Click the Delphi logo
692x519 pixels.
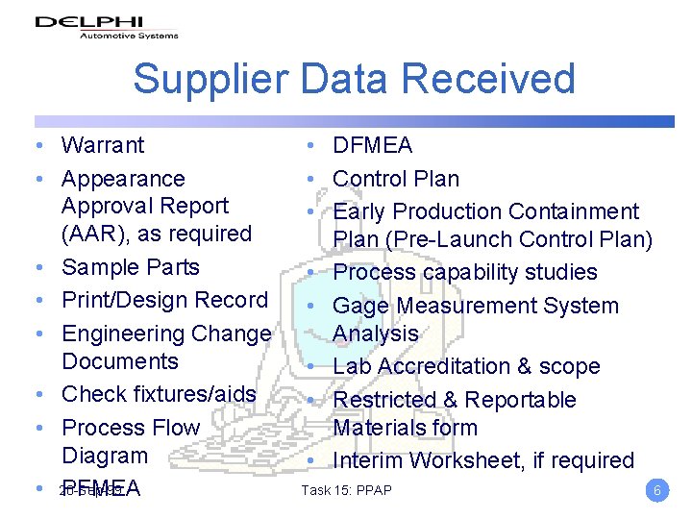[106, 26]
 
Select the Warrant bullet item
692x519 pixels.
[102, 145]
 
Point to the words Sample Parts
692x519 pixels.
[130, 267]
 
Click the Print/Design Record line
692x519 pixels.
[164, 300]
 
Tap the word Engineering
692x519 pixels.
[126, 334]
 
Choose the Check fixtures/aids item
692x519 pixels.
[159, 394]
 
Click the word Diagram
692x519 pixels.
[105, 456]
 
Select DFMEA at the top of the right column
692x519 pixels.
[372, 145]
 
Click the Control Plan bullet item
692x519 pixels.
[396, 179]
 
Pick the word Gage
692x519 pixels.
[360, 306]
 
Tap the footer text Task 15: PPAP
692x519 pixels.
[346, 491]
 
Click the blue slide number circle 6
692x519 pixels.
[657, 490]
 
